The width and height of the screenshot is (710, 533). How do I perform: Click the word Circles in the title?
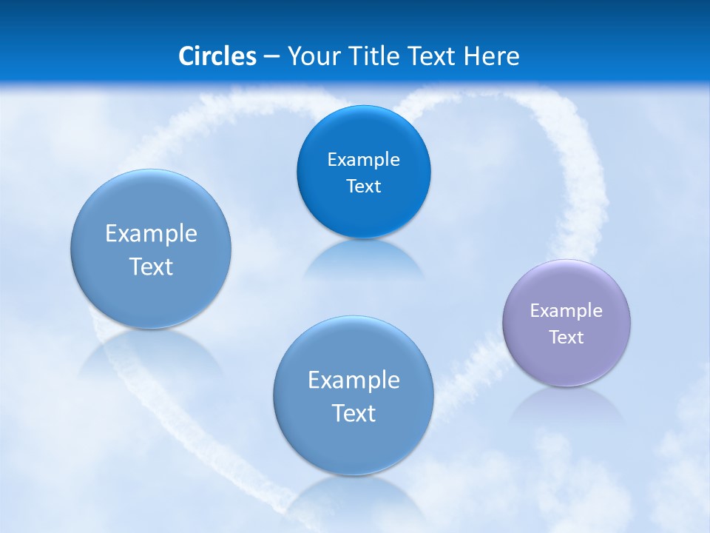click(217, 56)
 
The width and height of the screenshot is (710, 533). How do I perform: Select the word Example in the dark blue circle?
click(363, 159)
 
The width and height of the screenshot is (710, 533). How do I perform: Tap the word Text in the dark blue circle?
click(363, 187)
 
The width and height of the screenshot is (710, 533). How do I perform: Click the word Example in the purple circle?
click(566, 311)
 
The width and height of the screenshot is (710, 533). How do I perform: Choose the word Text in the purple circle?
click(566, 338)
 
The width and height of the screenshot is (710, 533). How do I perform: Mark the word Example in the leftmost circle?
click(151, 234)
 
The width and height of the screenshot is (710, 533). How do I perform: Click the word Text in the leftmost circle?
click(151, 266)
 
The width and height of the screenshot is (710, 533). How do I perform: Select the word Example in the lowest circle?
click(354, 381)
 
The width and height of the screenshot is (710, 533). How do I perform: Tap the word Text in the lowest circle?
click(354, 413)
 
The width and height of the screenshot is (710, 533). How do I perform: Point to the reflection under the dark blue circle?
click(363, 259)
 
